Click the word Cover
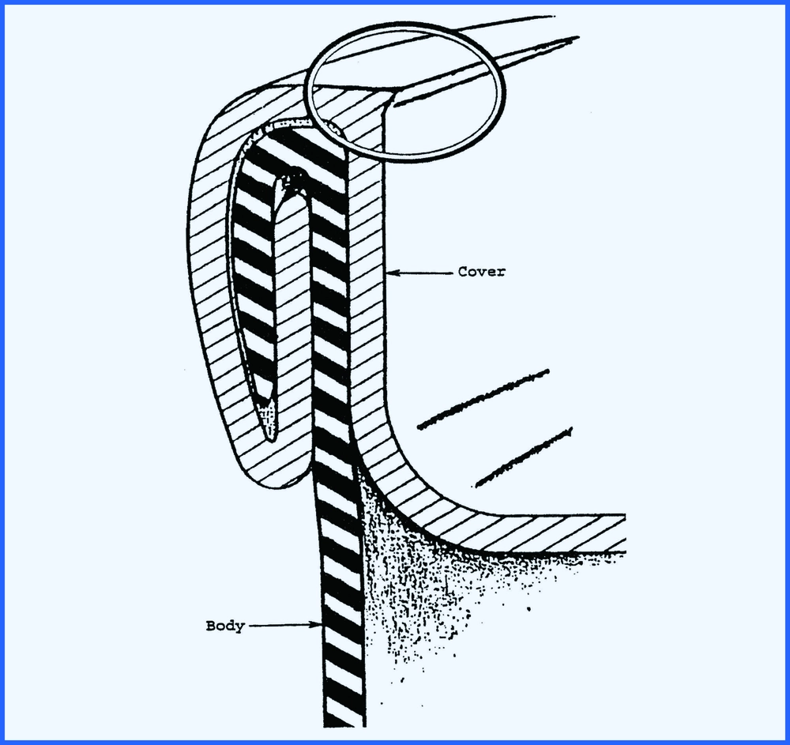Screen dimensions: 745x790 (481, 272)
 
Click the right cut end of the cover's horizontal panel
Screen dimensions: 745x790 (624, 533)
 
